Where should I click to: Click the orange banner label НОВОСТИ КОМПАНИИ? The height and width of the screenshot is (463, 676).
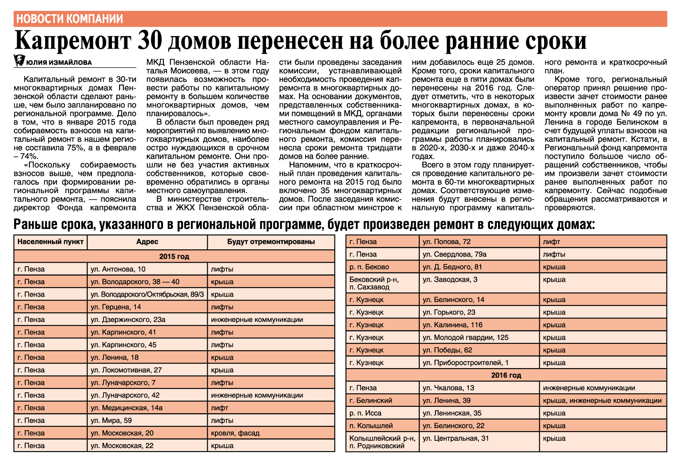[x=69, y=19]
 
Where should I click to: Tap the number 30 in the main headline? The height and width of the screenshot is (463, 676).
[x=151, y=41]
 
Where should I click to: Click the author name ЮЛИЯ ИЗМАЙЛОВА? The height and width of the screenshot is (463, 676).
[x=59, y=63]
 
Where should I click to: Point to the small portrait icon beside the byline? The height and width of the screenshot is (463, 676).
[x=19, y=61]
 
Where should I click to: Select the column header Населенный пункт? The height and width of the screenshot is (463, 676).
[x=50, y=242]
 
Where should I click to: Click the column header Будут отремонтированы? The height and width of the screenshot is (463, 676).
[x=271, y=242]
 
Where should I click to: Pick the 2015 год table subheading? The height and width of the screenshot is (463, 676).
[x=174, y=257]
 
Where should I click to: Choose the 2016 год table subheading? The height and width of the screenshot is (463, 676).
[x=506, y=375]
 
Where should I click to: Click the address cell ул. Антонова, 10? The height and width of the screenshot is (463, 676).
[x=118, y=269]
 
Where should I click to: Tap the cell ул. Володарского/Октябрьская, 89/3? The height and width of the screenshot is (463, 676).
[x=147, y=294]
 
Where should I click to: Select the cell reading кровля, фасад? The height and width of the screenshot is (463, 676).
[x=235, y=433]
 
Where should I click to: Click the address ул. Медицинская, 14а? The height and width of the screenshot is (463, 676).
[x=126, y=408]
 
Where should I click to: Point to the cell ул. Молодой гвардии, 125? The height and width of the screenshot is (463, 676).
[x=465, y=337]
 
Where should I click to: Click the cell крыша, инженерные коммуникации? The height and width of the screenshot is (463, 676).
[x=602, y=400]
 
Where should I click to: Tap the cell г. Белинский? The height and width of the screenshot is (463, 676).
[x=370, y=400]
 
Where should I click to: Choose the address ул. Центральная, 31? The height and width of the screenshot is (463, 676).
[x=455, y=438]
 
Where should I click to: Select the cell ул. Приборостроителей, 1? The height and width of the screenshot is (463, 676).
[x=465, y=363]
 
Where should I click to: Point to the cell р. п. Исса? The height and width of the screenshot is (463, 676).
[x=365, y=413]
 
